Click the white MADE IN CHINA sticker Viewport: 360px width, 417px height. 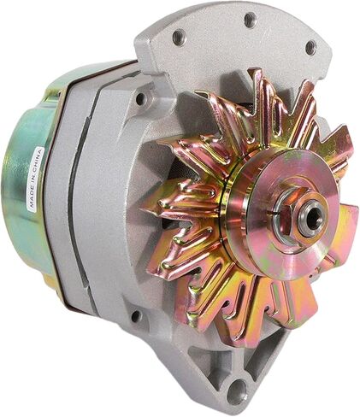tap(36, 179)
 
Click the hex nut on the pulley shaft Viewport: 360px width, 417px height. tap(288, 212)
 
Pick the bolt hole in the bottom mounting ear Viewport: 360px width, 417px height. tap(237, 390)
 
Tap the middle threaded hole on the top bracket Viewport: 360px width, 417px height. tap(250, 19)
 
